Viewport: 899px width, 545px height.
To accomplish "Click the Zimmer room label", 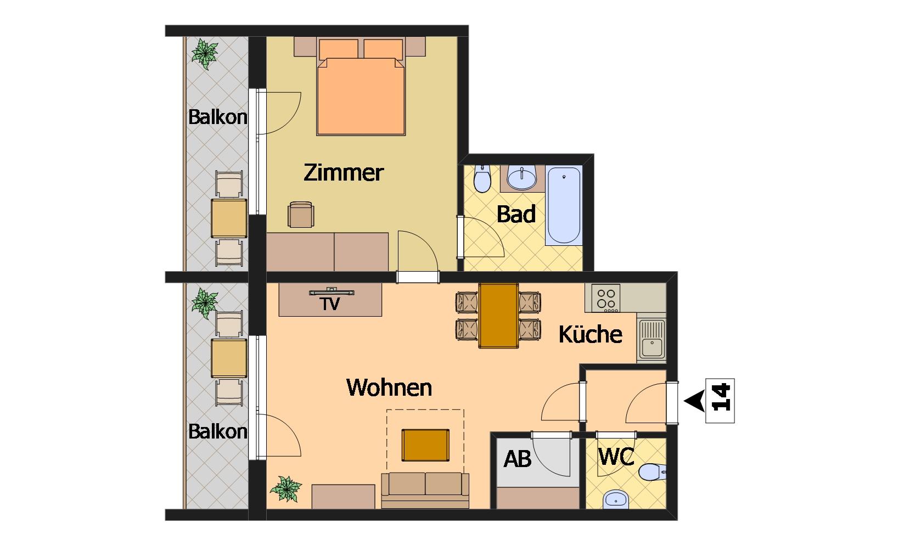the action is [x=344, y=173].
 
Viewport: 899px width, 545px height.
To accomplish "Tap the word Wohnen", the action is [x=389, y=387].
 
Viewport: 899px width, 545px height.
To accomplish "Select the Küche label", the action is [x=591, y=334].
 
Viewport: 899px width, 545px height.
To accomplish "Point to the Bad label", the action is [x=516, y=214].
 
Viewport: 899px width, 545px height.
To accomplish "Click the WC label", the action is [x=616, y=457].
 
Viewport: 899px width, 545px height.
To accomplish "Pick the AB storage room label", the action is [x=518, y=459].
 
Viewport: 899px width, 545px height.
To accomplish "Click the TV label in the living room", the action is [x=330, y=304].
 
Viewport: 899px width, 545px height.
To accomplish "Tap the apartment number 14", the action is [x=721, y=397].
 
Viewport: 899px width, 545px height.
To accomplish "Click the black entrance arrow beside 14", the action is [x=694, y=401].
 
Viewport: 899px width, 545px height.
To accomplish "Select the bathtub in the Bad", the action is [x=564, y=205].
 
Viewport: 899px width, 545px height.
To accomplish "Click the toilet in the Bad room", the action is [x=482, y=178].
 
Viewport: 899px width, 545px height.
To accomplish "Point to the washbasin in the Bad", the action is [x=522, y=178].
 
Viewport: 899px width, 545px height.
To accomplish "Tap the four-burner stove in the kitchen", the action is [x=606, y=298].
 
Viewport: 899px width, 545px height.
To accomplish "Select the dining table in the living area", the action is [x=498, y=316].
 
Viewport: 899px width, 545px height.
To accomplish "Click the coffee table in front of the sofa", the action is [x=425, y=445].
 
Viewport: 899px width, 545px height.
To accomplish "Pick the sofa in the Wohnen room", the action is [x=425, y=490].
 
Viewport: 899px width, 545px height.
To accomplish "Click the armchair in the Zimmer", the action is [x=301, y=215].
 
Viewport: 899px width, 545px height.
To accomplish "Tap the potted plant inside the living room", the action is [x=286, y=488].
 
